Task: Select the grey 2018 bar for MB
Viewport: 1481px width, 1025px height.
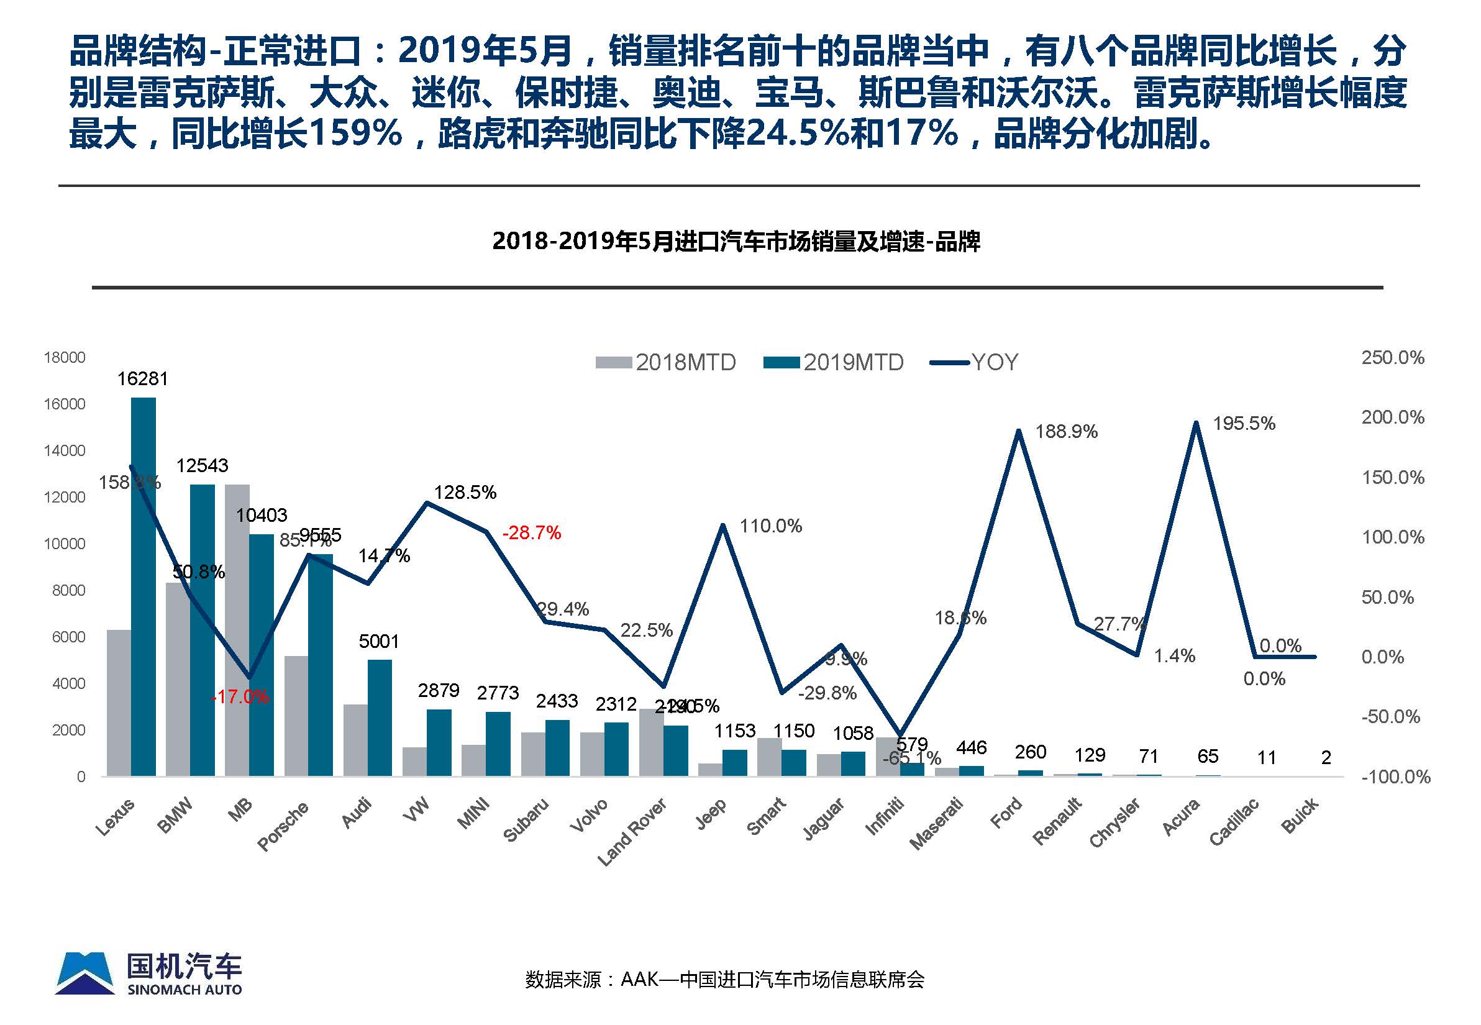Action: [x=237, y=629]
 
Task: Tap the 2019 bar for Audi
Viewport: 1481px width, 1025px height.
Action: [x=380, y=717]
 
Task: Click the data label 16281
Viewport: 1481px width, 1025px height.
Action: [x=143, y=379]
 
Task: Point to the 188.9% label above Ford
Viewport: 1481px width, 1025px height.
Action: [x=1066, y=432]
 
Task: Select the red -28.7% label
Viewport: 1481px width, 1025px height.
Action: [x=532, y=532]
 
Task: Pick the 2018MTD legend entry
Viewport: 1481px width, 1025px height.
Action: [x=666, y=363]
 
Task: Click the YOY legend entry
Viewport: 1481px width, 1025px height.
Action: [x=974, y=363]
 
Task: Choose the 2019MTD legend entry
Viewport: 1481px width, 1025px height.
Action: [x=834, y=363]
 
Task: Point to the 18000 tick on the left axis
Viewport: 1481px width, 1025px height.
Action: [x=64, y=358]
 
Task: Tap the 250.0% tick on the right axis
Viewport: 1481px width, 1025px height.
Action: [x=1392, y=358]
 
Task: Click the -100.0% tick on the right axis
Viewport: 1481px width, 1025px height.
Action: [x=1395, y=777]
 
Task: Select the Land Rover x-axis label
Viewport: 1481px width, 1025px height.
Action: [x=632, y=832]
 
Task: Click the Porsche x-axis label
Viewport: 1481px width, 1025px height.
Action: [x=283, y=826]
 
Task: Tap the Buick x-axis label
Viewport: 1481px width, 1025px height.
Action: [x=1300, y=816]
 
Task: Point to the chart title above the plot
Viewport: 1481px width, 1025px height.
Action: [x=736, y=242]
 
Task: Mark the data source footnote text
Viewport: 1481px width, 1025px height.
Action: [x=724, y=980]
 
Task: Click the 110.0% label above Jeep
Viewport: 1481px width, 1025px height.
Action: [x=771, y=527]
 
